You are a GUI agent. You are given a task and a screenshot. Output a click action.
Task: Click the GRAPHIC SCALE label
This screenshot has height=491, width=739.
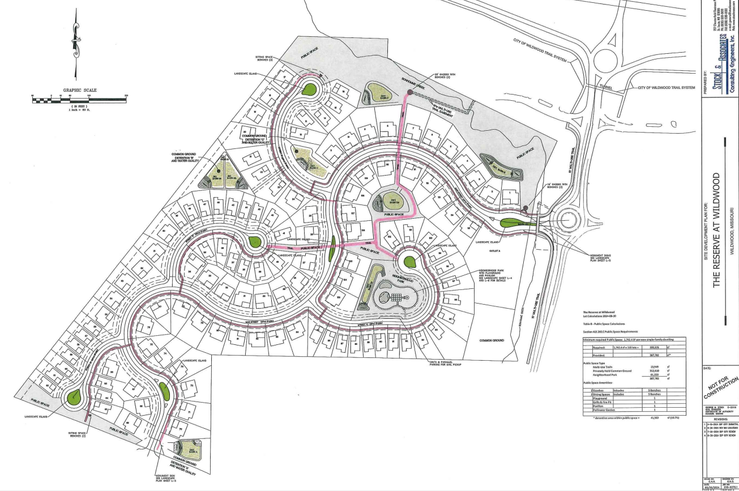pyautogui.click(x=80, y=90)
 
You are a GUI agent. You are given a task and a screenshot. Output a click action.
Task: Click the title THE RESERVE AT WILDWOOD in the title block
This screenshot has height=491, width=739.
pyautogui.click(x=716, y=229)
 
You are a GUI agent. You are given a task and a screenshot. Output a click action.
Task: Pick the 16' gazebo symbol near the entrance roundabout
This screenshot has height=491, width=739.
pyautogui.click(x=526, y=208)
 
